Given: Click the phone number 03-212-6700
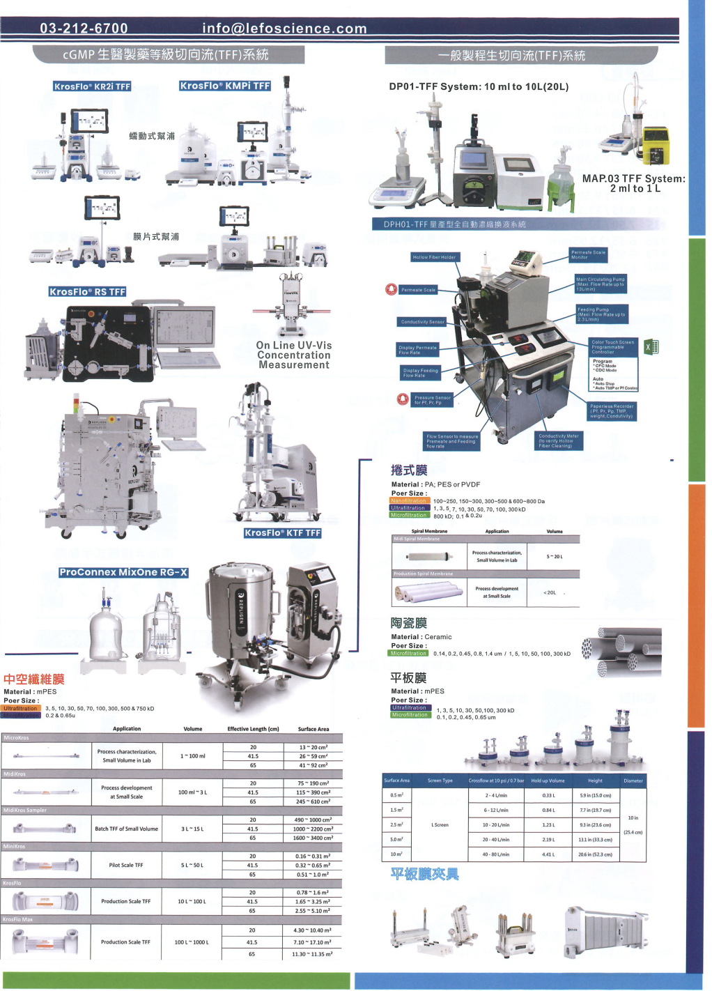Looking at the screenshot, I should (x=84, y=29).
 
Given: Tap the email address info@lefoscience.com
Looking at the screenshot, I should (x=284, y=29).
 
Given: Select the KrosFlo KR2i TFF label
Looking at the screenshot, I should (x=92, y=86).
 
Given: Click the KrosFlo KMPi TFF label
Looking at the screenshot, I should (x=225, y=86).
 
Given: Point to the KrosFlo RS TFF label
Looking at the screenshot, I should (x=87, y=292).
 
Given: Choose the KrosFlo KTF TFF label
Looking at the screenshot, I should (x=282, y=533).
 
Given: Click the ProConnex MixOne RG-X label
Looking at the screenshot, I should (x=123, y=572).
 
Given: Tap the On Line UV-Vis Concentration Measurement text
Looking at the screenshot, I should (x=294, y=355).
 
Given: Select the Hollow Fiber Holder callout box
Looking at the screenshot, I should (x=434, y=257).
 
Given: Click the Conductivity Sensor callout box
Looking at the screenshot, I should (x=422, y=322).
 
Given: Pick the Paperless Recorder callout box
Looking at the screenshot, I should (x=612, y=411).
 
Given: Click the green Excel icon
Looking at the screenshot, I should (x=651, y=346).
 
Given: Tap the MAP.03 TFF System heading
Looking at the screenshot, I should (x=633, y=183).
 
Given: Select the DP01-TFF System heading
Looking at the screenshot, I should (x=479, y=87).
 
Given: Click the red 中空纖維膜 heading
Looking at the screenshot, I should (x=33, y=679).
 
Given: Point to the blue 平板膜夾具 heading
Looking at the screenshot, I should (x=424, y=874).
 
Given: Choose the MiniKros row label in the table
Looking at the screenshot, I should (x=15, y=847).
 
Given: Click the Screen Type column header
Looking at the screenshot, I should (x=440, y=781).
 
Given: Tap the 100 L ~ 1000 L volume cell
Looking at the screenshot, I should (x=192, y=942).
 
